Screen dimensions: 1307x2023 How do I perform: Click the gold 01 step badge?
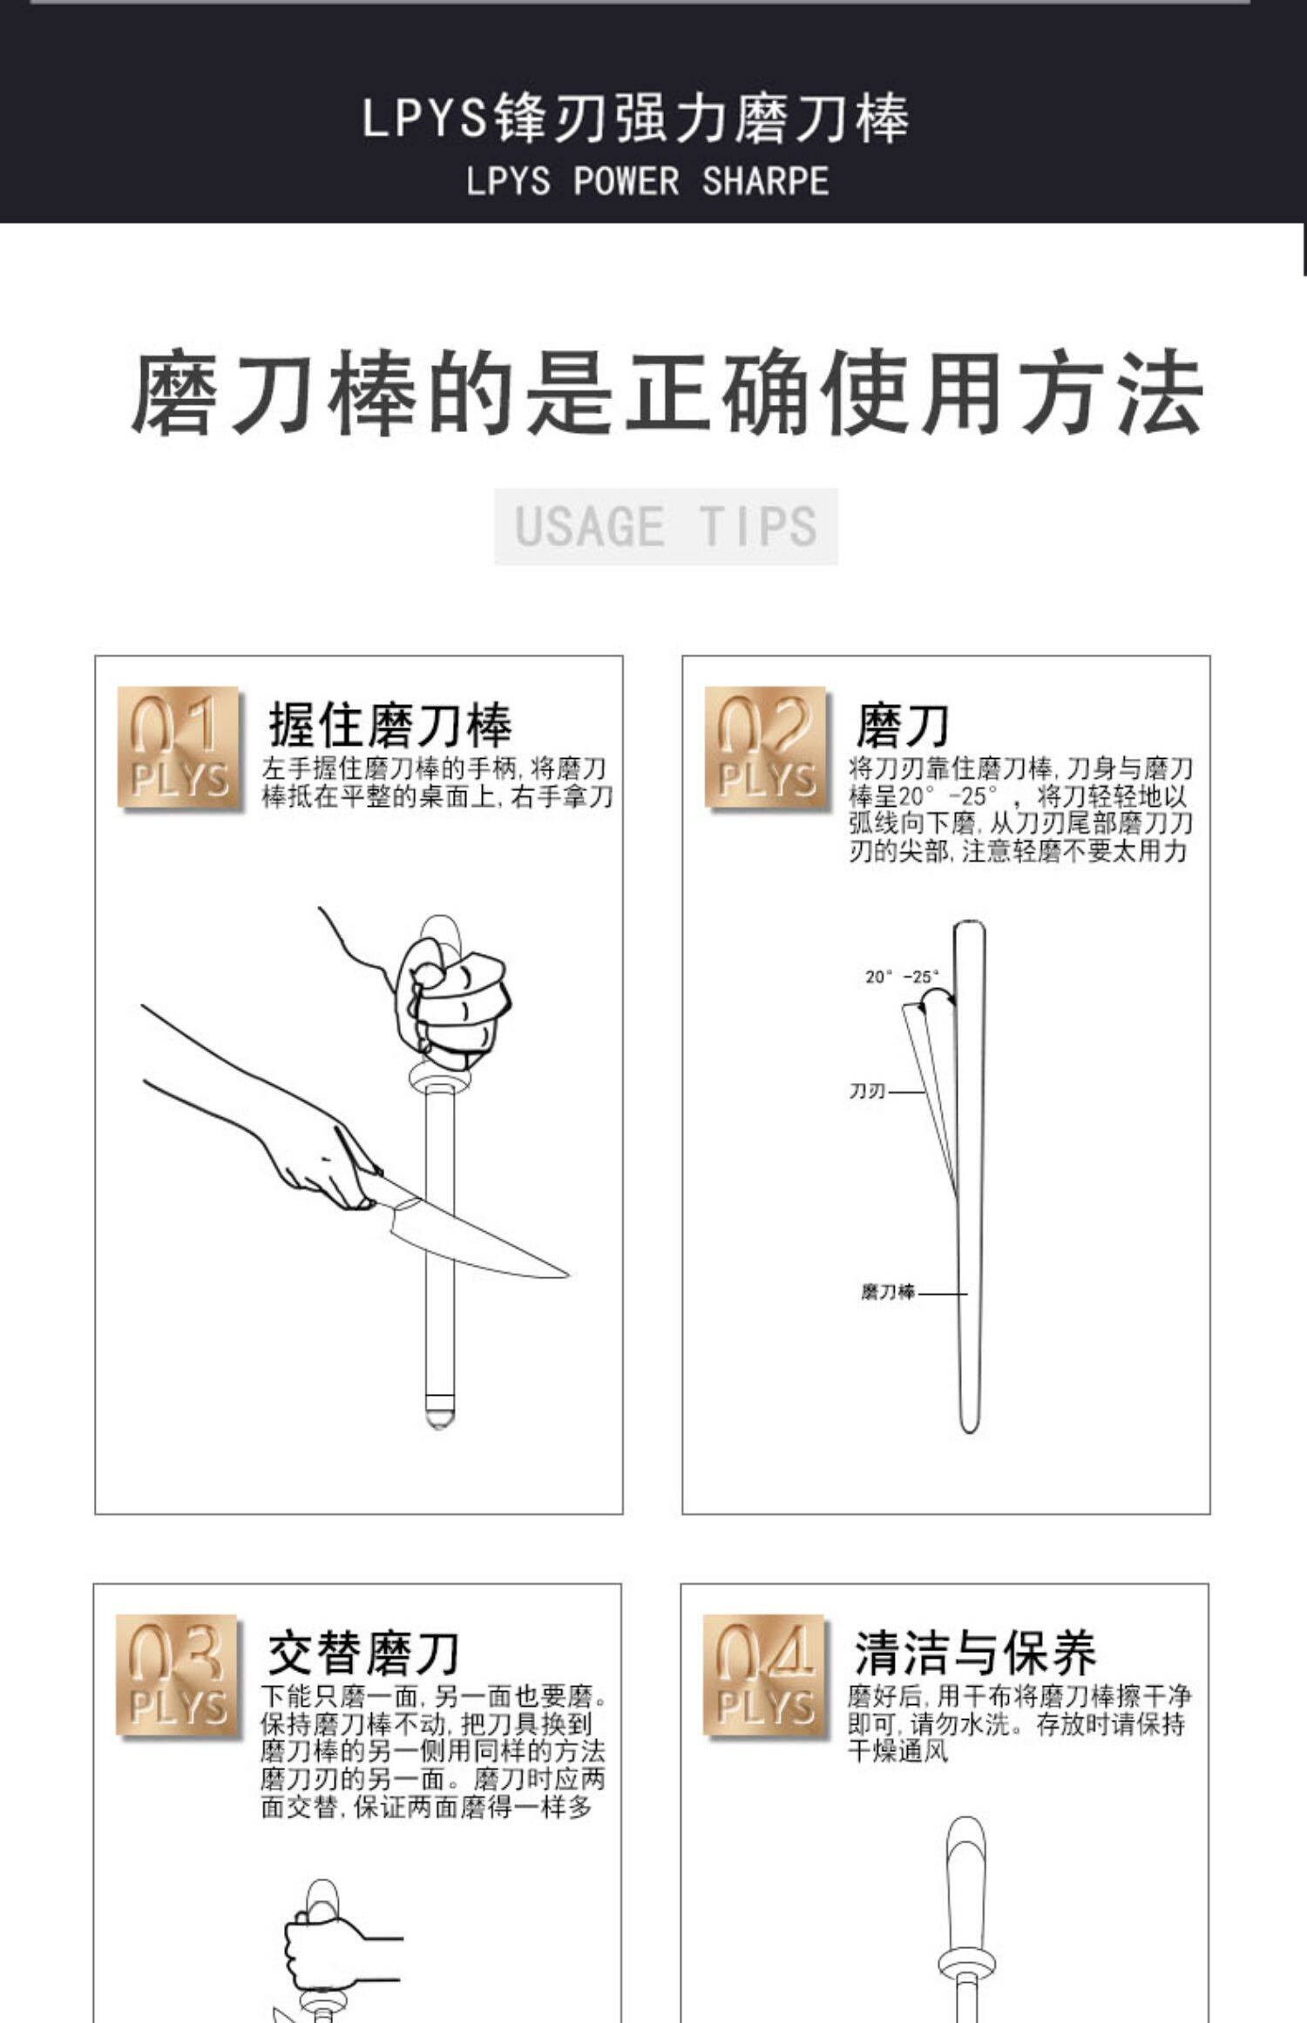coord(179,748)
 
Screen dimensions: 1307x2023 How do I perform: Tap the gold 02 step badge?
coord(767,748)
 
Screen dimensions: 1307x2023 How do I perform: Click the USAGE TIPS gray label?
coord(667,526)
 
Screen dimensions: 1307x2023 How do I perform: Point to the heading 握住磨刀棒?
coord(389,725)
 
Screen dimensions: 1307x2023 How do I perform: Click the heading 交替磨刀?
coord(363,1653)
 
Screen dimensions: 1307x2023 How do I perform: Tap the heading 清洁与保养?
coord(975,1653)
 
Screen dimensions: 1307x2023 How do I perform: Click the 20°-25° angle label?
coord(903,977)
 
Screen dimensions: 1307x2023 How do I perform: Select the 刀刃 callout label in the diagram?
coord(867,1091)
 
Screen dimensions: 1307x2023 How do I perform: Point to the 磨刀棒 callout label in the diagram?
coord(888,1292)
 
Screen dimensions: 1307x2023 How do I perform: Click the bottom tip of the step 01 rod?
coord(439,1426)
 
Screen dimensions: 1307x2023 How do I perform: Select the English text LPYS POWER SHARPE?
coord(647,181)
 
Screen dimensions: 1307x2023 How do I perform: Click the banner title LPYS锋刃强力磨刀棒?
coord(635,118)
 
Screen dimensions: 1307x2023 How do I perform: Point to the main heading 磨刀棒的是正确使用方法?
coord(667,393)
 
